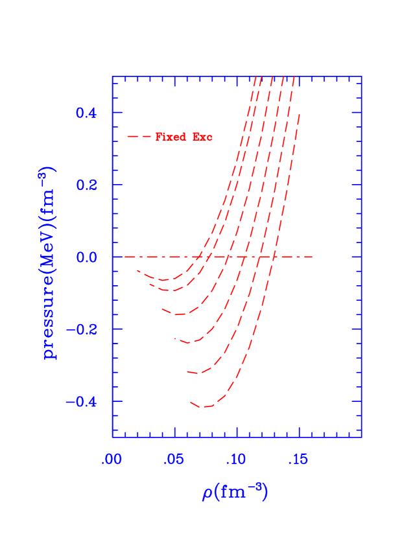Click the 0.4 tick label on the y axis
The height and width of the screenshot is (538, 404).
pyautogui.click(x=86, y=113)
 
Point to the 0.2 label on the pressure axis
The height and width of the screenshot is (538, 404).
pyautogui.click(x=86, y=185)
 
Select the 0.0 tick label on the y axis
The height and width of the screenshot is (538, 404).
pyautogui.click(x=86, y=257)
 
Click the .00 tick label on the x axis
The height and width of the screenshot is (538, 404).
pyautogui.click(x=112, y=460)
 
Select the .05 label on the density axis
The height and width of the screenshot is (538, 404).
pyautogui.click(x=174, y=460)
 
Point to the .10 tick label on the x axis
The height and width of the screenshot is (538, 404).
pyautogui.click(x=236, y=460)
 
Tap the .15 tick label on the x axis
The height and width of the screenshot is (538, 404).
pyautogui.click(x=298, y=460)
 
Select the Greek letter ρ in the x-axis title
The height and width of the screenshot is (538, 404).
pyautogui.click(x=208, y=493)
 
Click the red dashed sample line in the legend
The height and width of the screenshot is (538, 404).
pyautogui.click(x=139, y=137)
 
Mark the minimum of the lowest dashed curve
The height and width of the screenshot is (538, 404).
pyautogui.click(x=204, y=407)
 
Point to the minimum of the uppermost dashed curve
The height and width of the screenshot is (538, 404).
pyautogui.click(x=164, y=280)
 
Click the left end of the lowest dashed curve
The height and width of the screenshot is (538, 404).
pyautogui.click(x=191, y=402)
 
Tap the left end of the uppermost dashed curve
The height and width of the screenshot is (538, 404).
pyautogui.click(x=137, y=270)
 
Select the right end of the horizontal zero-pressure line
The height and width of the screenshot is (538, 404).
pyautogui.click(x=313, y=257)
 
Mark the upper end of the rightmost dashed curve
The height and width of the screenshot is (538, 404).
pyautogui.click(x=300, y=115)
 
